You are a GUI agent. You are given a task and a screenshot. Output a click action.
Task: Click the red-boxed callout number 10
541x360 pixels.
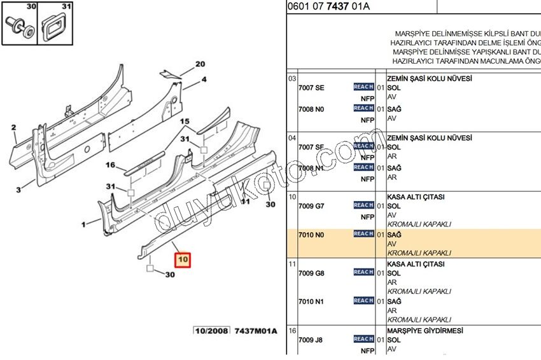click(x=183, y=260)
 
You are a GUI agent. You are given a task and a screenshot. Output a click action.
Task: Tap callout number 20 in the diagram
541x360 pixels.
click(x=200, y=64)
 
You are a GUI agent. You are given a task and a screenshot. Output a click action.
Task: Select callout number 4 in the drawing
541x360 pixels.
click(x=204, y=80)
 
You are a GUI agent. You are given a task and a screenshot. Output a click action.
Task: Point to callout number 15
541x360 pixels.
click(x=185, y=121)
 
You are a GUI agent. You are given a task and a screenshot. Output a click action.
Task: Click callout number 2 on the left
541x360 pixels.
click(x=14, y=128)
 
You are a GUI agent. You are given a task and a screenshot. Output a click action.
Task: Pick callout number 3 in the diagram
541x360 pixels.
click(x=20, y=190)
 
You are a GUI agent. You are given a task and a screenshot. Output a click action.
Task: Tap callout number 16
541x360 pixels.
click(x=110, y=165)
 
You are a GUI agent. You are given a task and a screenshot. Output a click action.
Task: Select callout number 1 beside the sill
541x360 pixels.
click(x=83, y=225)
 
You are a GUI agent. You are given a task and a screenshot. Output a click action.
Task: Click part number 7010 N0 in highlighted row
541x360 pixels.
click(x=311, y=235)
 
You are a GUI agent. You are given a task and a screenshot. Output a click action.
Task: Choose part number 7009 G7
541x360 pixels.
click(x=311, y=206)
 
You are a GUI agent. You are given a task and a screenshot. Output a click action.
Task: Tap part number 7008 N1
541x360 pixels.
click(x=311, y=169)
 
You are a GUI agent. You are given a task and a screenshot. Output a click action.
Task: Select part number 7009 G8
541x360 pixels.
click(x=311, y=273)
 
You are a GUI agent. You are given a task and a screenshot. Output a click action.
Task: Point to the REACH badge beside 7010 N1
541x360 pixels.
click(x=363, y=300)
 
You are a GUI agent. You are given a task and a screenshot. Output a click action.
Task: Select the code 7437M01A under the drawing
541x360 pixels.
click(x=256, y=331)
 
